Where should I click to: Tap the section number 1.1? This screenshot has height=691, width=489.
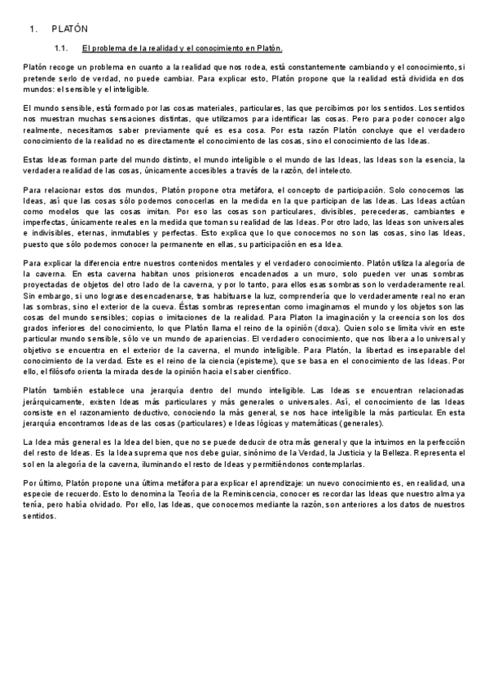60,48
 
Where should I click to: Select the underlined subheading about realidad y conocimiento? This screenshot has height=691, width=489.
182,48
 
